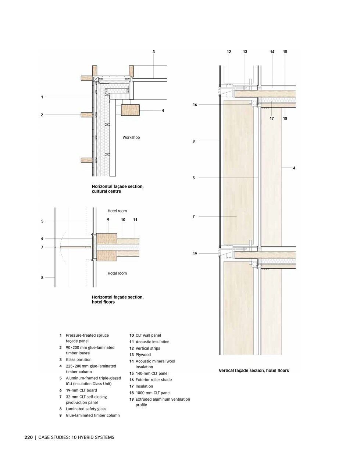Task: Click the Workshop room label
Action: point(131,137)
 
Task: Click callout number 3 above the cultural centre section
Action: point(154,51)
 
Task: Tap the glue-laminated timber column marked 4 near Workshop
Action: point(130,110)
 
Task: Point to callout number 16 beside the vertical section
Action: point(195,105)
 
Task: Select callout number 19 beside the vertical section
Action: point(195,254)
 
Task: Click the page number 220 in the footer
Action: point(29,437)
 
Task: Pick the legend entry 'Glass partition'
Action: point(79,359)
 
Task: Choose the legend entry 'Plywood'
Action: point(143,355)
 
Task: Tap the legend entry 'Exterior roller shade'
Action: point(154,380)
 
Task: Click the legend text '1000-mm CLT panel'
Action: point(153,393)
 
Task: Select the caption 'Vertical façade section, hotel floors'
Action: point(254,371)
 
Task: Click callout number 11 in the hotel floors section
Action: point(135,219)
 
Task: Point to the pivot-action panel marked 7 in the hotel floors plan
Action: point(75,247)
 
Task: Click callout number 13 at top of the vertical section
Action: point(245,51)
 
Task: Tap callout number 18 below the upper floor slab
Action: point(285,118)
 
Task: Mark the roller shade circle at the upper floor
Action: point(255,103)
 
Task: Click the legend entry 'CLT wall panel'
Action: point(148,335)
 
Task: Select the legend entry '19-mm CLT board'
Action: point(81,390)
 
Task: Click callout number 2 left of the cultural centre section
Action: point(42,115)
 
